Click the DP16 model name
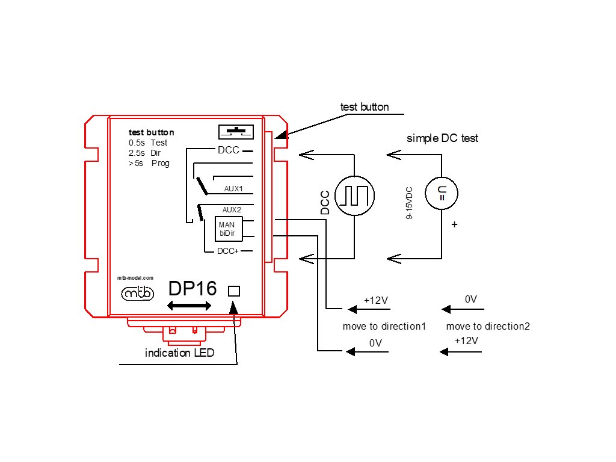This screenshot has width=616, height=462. [x=192, y=288]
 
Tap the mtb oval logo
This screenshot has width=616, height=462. [x=138, y=293]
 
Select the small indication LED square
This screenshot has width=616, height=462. [x=234, y=291]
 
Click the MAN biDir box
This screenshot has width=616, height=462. [x=228, y=229]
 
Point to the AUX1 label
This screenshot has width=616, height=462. [x=233, y=188]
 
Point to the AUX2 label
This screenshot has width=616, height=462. [x=232, y=210]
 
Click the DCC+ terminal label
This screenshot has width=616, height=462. [x=228, y=251]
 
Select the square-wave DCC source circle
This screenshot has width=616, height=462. [x=354, y=196]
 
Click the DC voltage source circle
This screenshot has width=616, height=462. [x=442, y=193]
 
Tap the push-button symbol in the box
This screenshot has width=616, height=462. [x=236, y=132]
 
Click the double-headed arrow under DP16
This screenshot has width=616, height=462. [x=189, y=306]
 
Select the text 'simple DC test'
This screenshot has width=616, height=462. [x=442, y=138]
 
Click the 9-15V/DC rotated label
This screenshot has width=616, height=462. [x=409, y=203]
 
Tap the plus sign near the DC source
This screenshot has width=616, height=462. [x=455, y=224]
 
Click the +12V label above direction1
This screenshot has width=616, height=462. [x=376, y=301]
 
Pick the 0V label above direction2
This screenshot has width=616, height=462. [x=470, y=300]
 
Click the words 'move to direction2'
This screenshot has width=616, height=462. [x=488, y=326]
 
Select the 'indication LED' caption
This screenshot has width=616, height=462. [x=179, y=353]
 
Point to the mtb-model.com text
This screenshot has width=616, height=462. [x=135, y=278]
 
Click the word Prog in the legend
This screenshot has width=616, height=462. [x=160, y=164]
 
